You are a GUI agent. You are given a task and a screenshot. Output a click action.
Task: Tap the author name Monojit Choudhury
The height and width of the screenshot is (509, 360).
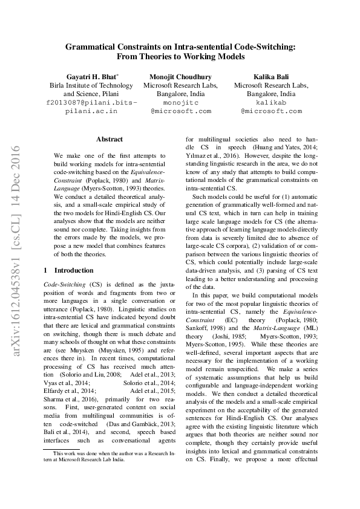point(180,77)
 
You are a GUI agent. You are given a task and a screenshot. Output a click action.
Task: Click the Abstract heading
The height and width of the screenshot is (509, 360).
point(110,139)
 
